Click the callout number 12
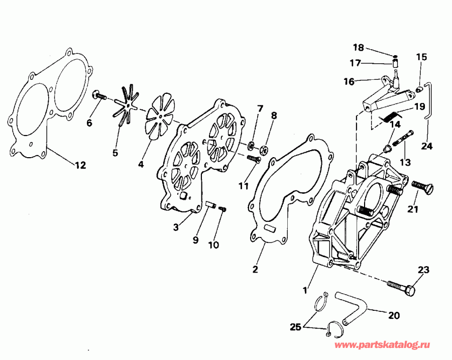80,165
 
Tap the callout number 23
423,270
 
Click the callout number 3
176,227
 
